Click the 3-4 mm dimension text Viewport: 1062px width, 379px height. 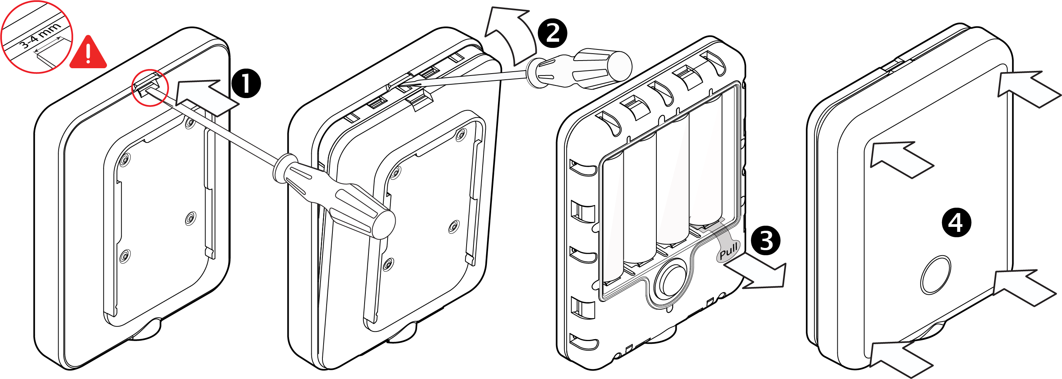click(x=40, y=36)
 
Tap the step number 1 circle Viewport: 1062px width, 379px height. click(x=246, y=84)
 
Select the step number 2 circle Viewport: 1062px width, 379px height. click(x=552, y=33)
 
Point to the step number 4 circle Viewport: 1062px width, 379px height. click(x=956, y=223)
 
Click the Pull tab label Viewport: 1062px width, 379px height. click(x=728, y=251)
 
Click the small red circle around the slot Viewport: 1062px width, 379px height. click(x=150, y=87)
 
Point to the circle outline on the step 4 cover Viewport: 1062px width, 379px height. click(x=936, y=275)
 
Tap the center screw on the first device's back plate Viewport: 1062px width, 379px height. click(x=190, y=218)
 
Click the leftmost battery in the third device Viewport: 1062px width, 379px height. click(x=613, y=218)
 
